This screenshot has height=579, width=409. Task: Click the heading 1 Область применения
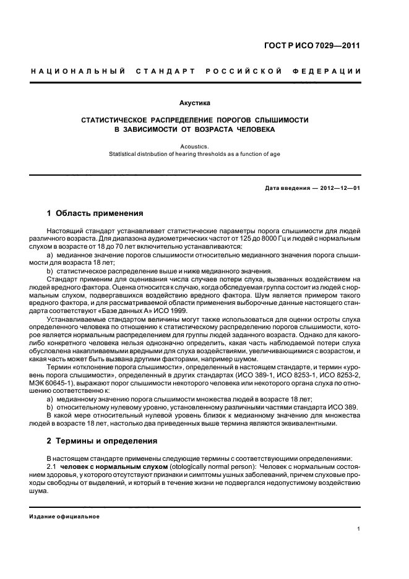pos(95,214)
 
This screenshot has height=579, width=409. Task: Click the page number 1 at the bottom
pos(359,529)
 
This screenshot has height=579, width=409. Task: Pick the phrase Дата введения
pos(286,187)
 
